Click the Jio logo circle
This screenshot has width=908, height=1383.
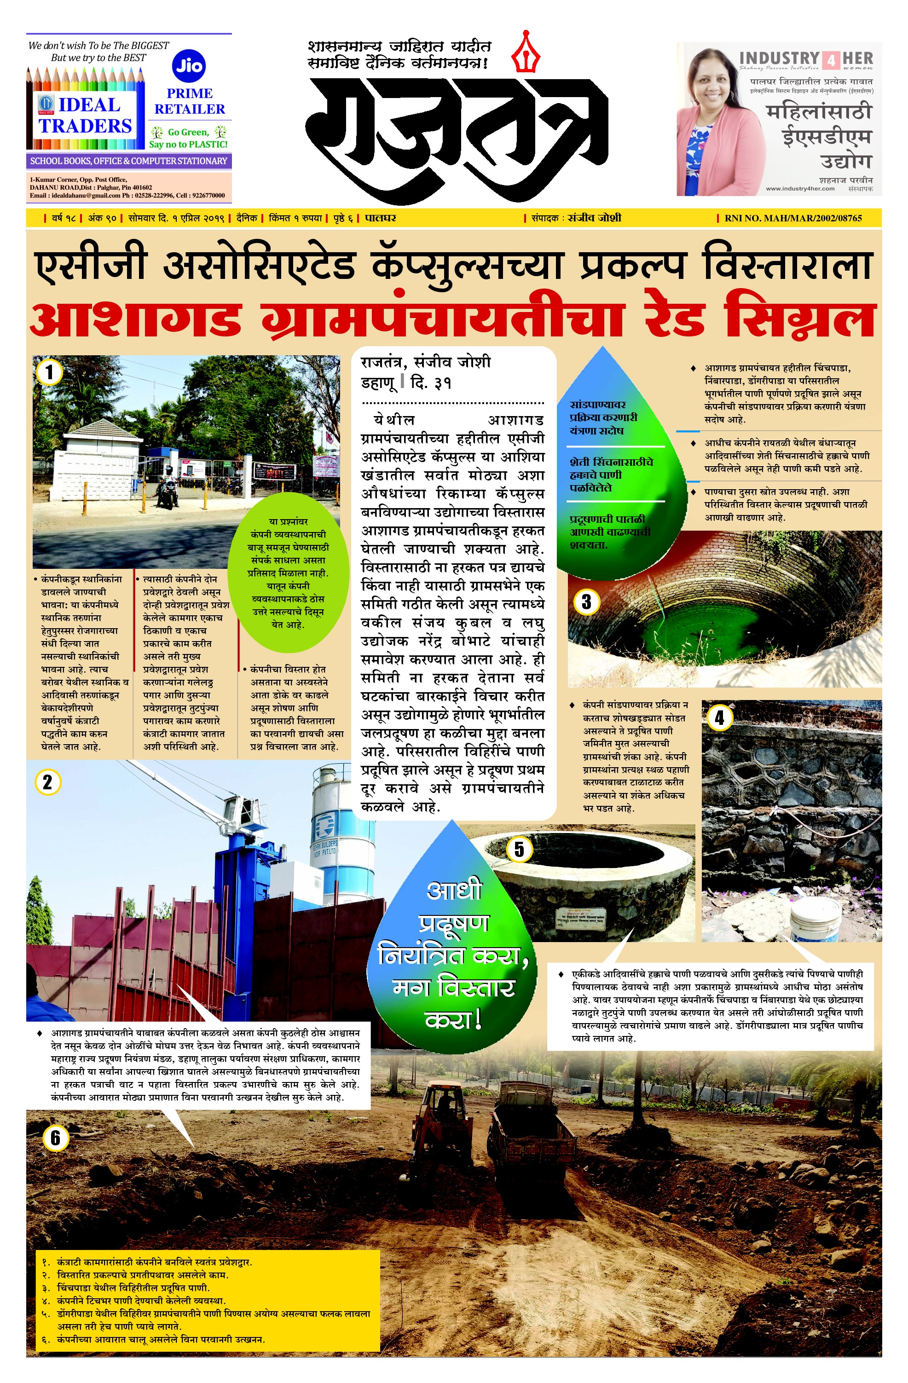click(x=190, y=66)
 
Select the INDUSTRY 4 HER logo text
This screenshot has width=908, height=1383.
click(x=806, y=59)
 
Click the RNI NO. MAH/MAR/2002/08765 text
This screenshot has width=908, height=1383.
click(x=793, y=219)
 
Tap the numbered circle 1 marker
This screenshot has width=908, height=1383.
click(x=48, y=372)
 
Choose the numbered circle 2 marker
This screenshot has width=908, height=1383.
click(x=48, y=782)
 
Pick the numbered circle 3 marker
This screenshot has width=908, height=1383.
click(x=586, y=602)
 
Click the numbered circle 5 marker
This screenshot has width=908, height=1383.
click(x=519, y=850)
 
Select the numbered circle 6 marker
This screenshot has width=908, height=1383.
click(x=55, y=1138)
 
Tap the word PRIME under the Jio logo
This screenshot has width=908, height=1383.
click(x=190, y=93)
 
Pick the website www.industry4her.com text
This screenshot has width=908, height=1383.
click(x=800, y=188)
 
